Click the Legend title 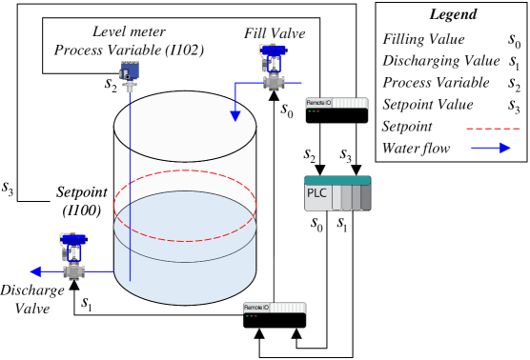(x=453, y=15)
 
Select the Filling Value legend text (x=423, y=40)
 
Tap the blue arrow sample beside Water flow (x=489, y=148)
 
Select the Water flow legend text (x=415, y=148)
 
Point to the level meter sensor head (x=129, y=71)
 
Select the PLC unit (x=336, y=193)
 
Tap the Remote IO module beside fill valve (x=336, y=110)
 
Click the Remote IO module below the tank (x=275, y=315)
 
